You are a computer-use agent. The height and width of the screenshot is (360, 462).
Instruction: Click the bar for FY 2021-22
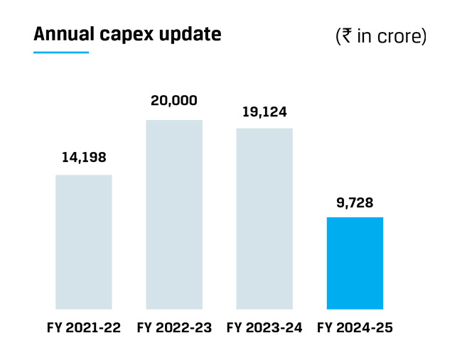pos(84,242)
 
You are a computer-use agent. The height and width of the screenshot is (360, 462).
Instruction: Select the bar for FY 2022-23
pos(174,214)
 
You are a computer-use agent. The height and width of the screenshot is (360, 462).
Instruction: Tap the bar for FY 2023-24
pos(264,219)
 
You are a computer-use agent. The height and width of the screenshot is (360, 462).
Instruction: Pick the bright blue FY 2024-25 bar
pos(355,263)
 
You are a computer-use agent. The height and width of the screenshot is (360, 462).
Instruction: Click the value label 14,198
pos(84,158)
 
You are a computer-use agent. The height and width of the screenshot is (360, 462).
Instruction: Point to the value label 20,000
pos(174,101)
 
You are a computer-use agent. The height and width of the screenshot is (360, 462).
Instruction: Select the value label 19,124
pos(264,111)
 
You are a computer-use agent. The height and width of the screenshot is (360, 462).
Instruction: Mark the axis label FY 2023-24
pos(264,328)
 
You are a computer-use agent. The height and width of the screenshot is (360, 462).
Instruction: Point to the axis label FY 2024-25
pos(355,328)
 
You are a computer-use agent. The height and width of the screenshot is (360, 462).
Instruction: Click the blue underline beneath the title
pos(61,53)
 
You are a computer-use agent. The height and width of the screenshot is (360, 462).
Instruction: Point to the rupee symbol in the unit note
pos(348,36)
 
